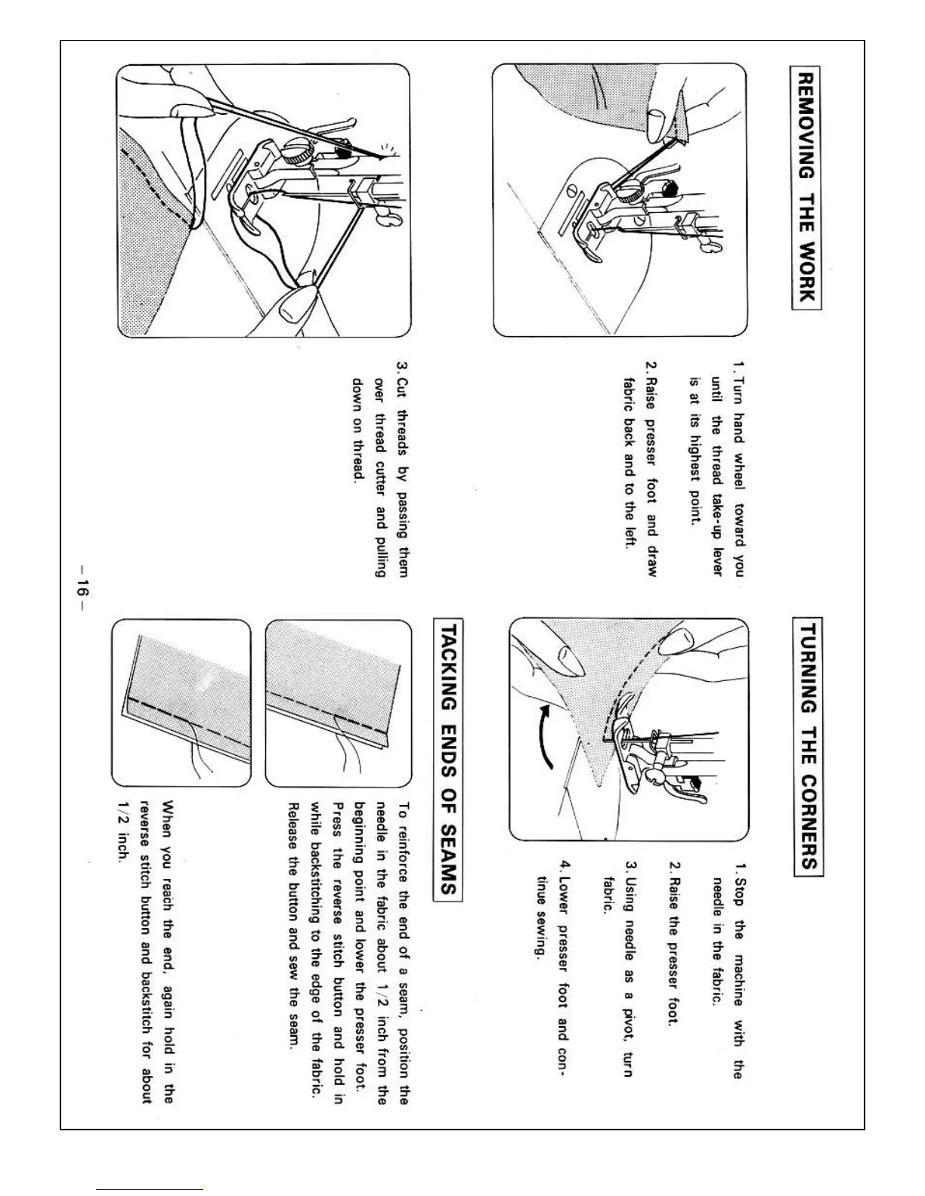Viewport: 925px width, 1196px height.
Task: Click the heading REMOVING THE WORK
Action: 806,187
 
